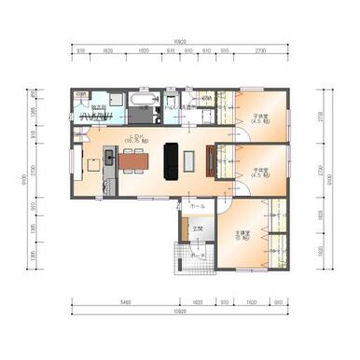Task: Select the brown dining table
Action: click(132, 159)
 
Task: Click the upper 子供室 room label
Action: click(260, 118)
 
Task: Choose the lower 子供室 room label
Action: click(260, 172)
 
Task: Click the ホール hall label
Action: click(197, 204)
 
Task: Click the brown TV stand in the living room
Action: click(215, 159)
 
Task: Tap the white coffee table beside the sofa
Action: click(189, 159)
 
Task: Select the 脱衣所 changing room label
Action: click(97, 107)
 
